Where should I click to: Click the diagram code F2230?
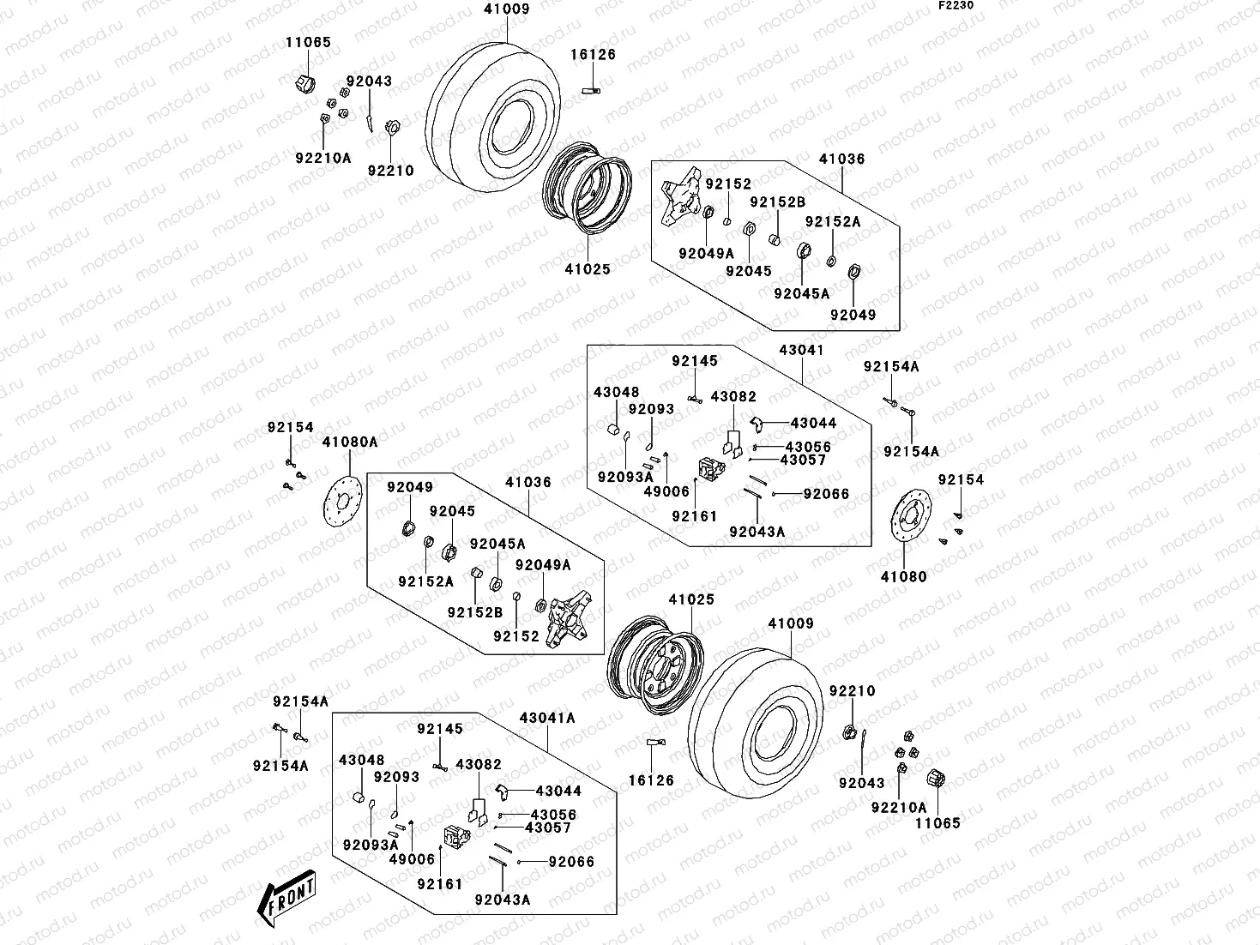pyautogui.click(x=955, y=5)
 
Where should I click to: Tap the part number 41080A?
pyautogui.click(x=349, y=442)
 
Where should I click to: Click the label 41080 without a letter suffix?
pyautogui.click(x=903, y=577)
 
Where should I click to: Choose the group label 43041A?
pyautogui.click(x=546, y=718)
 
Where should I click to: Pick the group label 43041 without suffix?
pyautogui.click(x=801, y=350)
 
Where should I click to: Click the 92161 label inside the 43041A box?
pyautogui.click(x=440, y=884)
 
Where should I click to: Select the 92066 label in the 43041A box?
pyautogui.click(x=571, y=862)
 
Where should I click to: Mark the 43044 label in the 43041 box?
pyautogui.click(x=813, y=423)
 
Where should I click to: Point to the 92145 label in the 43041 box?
pyautogui.click(x=694, y=361)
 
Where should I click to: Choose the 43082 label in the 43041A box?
pyautogui.click(x=479, y=764)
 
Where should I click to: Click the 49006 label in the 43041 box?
pyautogui.click(x=666, y=491)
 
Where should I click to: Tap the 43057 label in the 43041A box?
pyautogui.click(x=548, y=828)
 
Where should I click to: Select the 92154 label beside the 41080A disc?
pyautogui.click(x=290, y=427)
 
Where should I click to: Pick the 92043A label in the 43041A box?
pyautogui.click(x=502, y=900)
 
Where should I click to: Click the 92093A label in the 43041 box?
pyautogui.click(x=625, y=477)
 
